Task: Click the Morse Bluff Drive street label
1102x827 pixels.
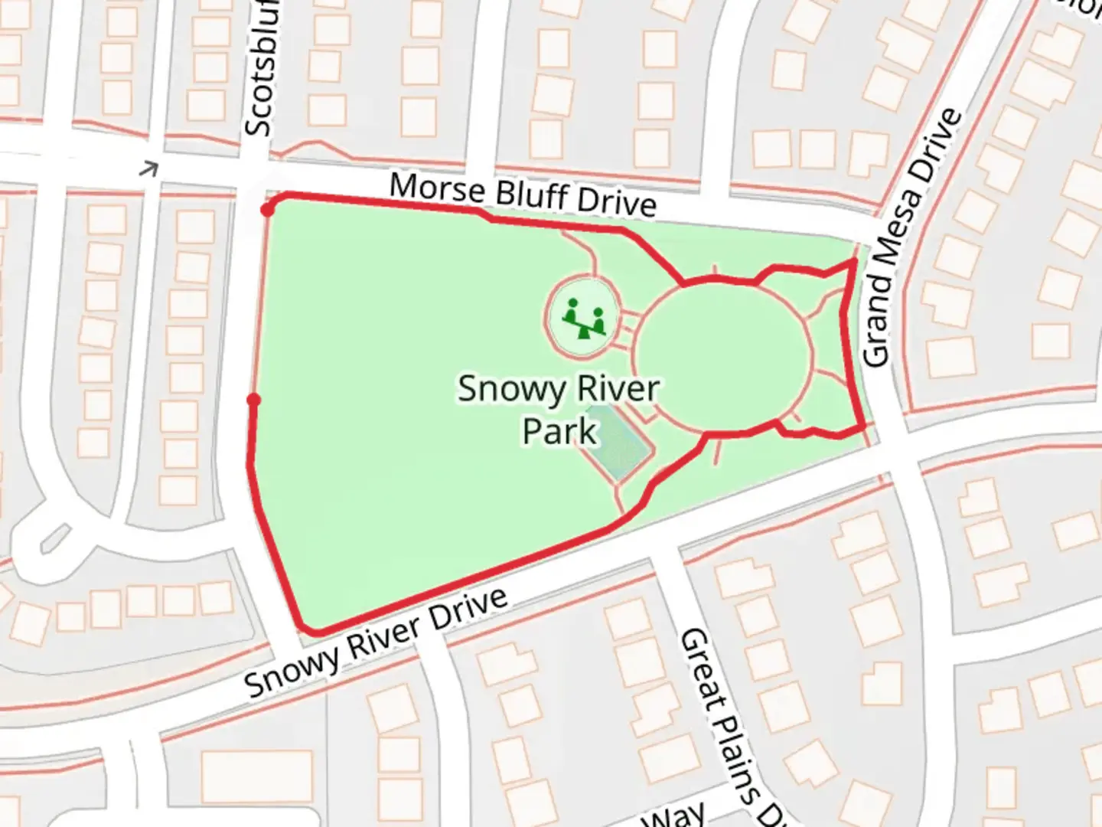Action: click(x=523, y=194)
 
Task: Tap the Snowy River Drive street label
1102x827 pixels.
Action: click(x=376, y=642)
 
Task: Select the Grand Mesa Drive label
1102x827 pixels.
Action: click(x=911, y=238)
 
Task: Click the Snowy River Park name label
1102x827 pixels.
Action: click(x=558, y=410)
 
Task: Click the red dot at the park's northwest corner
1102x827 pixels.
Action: click(x=266, y=210)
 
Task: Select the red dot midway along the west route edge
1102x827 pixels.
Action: click(x=254, y=400)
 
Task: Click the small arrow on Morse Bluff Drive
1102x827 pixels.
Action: click(x=148, y=168)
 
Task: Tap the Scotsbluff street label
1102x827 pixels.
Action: click(x=259, y=69)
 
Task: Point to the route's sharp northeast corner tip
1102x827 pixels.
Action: click(x=853, y=262)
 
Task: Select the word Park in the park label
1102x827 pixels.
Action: click(x=559, y=431)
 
